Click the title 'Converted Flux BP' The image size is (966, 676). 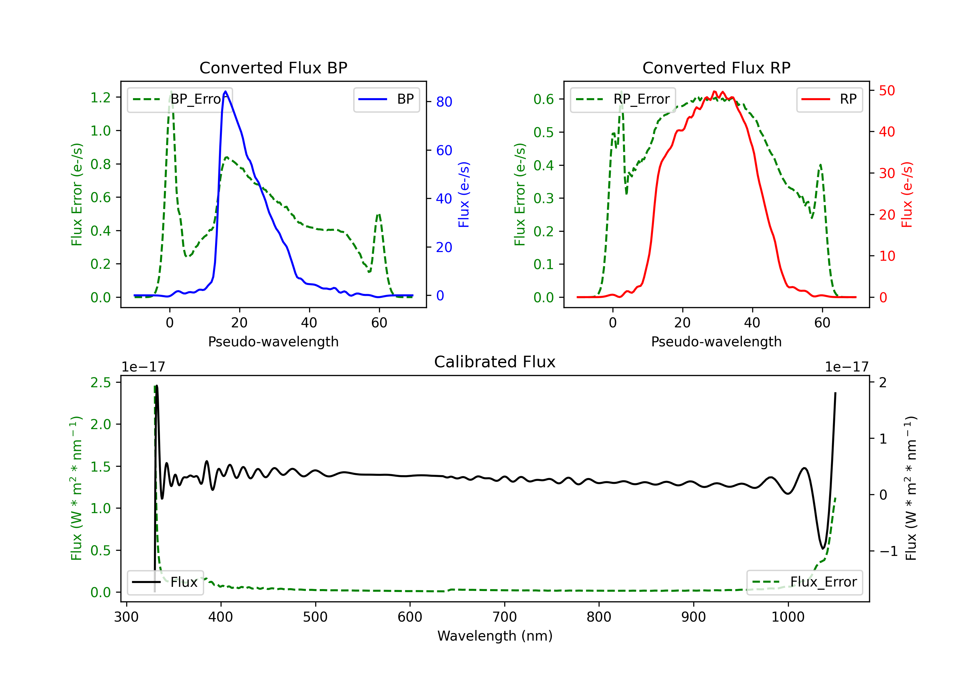tap(273, 68)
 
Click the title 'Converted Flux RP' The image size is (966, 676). tap(716, 68)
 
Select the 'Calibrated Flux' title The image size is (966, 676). tap(495, 362)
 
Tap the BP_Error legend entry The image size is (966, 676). tap(180, 99)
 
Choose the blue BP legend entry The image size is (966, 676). tap(386, 99)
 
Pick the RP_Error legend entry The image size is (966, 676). tap(623, 99)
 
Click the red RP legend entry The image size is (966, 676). tap(829, 99)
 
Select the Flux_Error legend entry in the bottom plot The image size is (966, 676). tap(804, 582)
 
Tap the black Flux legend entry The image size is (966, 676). tap(165, 582)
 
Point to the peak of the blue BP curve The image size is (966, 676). tap(225, 91)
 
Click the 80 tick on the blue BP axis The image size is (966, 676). tap(444, 102)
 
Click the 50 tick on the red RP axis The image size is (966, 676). tap(887, 90)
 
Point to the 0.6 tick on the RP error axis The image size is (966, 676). tap(544, 99)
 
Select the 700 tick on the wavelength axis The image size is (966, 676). tap(505, 617)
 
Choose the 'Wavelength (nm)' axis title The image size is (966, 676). tap(495, 636)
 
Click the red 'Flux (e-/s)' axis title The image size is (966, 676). tap(907, 195)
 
